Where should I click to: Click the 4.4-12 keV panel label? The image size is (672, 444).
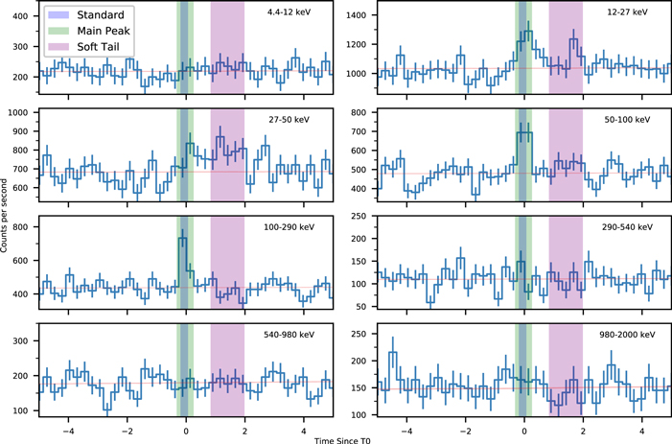[x=293, y=12]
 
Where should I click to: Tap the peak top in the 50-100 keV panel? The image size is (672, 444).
[x=523, y=132]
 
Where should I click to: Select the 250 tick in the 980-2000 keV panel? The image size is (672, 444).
[x=363, y=336]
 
